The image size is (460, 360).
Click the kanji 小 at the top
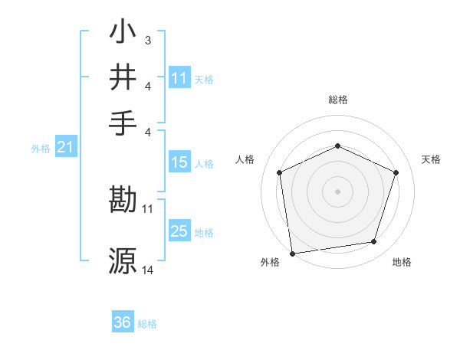tap(123, 34)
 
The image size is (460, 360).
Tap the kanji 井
tap(123, 77)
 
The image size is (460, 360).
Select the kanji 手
tap(123, 121)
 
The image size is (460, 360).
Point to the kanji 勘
tap(123, 201)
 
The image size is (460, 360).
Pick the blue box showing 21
tap(64, 148)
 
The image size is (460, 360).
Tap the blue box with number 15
tap(179, 162)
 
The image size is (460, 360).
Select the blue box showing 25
tap(179, 231)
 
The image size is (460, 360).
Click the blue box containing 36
tap(123, 322)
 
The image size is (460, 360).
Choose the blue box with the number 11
tap(179, 78)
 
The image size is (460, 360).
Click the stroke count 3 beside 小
tap(147, 39)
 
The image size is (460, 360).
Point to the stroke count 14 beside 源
tap(148, 270)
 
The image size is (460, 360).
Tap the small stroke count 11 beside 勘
tap(148, 208)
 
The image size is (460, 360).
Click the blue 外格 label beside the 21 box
tap(40, 149)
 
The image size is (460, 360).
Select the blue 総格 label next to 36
tap(147, 324)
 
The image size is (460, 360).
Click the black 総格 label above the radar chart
tap(337, 100)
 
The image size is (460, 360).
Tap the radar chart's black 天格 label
tap(431, 159)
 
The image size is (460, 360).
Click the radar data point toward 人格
tap(280, 172)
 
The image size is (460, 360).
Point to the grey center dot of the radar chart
tap(337, 191)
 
